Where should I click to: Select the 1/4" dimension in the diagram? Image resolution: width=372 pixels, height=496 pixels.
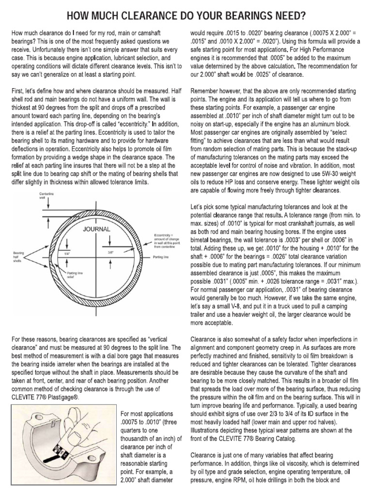pos(60,252)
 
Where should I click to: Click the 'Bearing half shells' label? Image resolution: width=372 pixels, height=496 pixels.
pos(19,256)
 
